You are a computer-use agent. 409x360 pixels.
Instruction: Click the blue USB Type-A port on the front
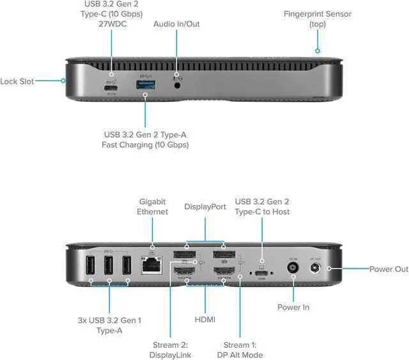coord(145,84)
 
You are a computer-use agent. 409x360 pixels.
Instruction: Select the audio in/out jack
coord(178,82)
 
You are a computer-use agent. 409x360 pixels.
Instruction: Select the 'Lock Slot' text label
coord(17,81)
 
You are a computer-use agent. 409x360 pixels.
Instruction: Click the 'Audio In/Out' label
coord(176,24)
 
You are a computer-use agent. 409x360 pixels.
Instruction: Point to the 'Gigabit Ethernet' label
coord(152,207)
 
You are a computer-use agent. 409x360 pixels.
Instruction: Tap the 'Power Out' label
coord(389,269)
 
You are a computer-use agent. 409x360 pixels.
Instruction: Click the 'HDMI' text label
coord(205,318)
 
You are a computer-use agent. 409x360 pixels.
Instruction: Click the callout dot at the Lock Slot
coord(64,81)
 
